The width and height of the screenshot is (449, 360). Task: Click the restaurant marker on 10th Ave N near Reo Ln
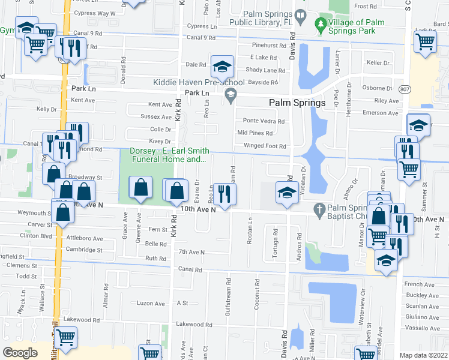[224, 194]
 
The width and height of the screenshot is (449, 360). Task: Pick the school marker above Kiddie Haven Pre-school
[222, 66]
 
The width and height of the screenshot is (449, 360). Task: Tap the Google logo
[20, 353]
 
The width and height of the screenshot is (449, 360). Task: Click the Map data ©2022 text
[424, 355]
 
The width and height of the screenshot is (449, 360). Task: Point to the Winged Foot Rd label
[265, 146]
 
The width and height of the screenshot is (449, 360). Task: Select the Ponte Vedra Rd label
[263, 121]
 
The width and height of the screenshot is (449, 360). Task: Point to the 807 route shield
[406, 89]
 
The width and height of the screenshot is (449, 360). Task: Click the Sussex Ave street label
[155, 116]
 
